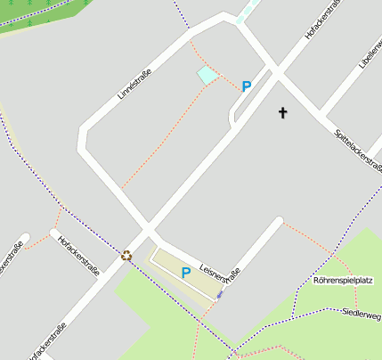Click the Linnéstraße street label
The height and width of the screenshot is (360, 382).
pyautogui.click(x=134, y=80)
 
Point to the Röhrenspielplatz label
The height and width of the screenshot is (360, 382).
pyautogui.click(x=343, y=281)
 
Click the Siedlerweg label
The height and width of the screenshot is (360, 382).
pyautogui.click(x=362, y=314)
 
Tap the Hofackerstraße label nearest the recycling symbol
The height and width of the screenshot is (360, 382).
pyautogui.click(x=78, y=256)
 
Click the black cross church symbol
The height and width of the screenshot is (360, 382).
pyautogui.click(x=283, y=112)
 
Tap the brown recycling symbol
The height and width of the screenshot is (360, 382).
pyautogui.click(x=126, y=257)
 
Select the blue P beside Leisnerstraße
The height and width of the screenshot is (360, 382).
pyautogui.click(x=186, y=273)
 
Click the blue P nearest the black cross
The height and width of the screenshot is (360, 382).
pyautogui.click(x=247, y=86)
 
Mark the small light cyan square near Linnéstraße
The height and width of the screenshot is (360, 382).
pyautogui.click(x=207, y=76)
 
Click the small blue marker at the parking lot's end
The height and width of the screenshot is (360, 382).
pyautogui.click(x=220, y=294)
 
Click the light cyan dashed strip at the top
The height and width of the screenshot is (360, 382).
pyautogui.click(x=247, y=11)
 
